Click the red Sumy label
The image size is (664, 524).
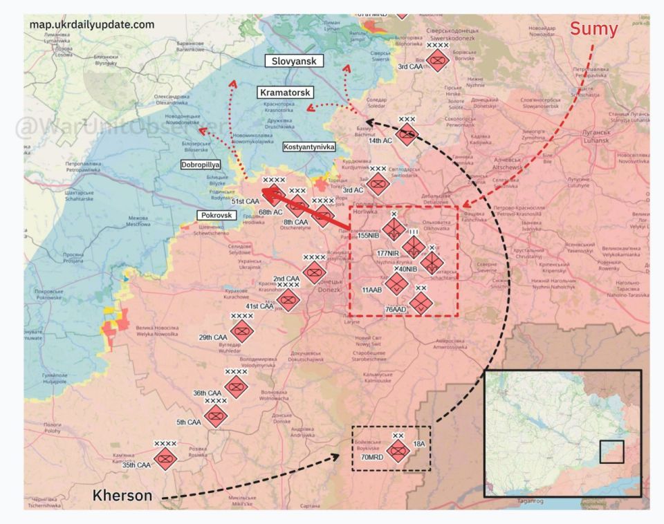click(x=593, y=29)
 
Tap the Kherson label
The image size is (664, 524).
click(x=122, y=495)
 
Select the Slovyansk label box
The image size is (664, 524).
click(x=294, y=61)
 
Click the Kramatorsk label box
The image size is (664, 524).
click(x=285, y=92)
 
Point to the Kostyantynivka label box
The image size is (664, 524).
click(x=308, y=147)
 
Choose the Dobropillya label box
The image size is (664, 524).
click(x=200, y=165)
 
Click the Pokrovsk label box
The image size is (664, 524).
click(x=216, y=215)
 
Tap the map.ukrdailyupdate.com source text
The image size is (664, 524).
click(x=92, y=25)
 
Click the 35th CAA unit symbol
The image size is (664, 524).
click(x=165, y=459)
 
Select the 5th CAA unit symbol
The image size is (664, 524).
click(x=216, y=416)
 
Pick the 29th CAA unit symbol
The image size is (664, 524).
click(x=242, y=332)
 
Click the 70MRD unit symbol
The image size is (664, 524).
click(x=397, y=451)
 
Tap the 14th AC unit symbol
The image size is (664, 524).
click(x=407, y=135)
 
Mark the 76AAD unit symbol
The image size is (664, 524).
click(x=420, y=303)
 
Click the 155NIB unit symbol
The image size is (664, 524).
click(x=394, y=230)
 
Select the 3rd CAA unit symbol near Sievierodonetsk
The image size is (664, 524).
click(x=437, y=61)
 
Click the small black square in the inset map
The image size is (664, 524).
click(x=611, y=452)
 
